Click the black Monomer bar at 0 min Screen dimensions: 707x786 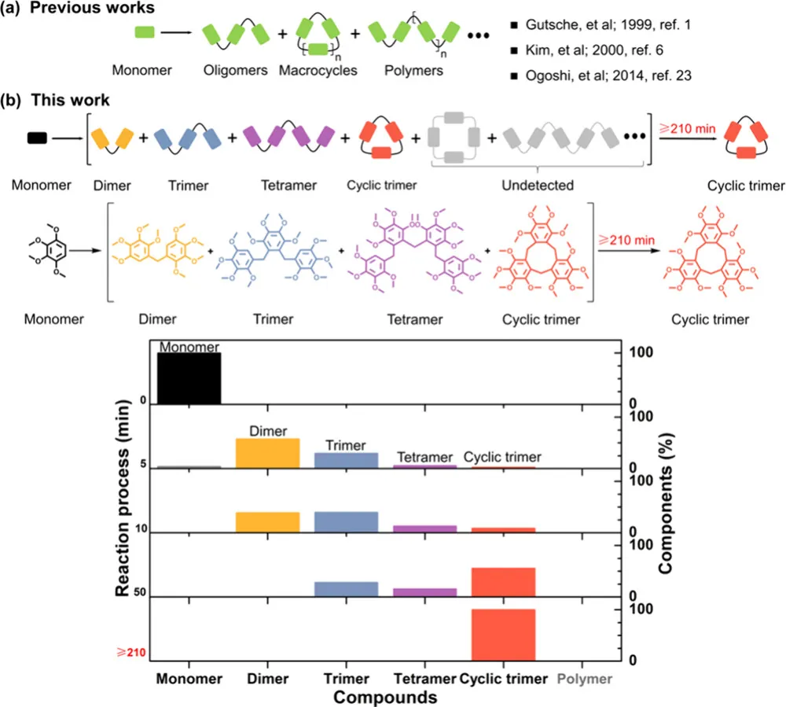tap(189, 378)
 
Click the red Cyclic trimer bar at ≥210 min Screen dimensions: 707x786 tap(503, 635)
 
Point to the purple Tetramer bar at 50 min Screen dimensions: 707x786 tap(424, 591)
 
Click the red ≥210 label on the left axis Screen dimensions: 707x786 tap(131, 652)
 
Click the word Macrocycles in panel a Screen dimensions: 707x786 tap(318, 71)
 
